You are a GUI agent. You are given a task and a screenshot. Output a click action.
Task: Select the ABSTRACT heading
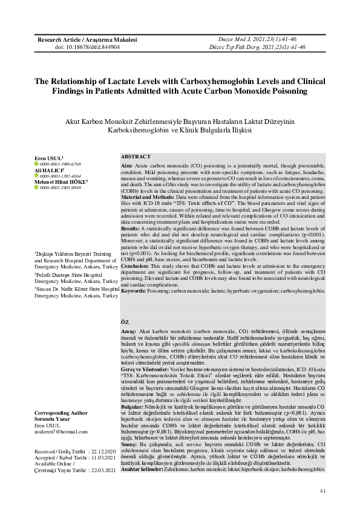pyautogui.click(x=136, y=157)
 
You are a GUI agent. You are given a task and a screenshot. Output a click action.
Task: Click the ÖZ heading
pyautogui.click(x=125, y=323)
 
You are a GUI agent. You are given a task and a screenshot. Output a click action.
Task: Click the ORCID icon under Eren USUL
pyautogui.click(x=36, y=164)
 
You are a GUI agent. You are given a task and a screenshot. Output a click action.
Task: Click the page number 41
pyautogui.click(x=323, y=490)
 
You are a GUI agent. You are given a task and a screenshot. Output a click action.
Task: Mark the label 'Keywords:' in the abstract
pyautogui.click(x=134, y=291)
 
